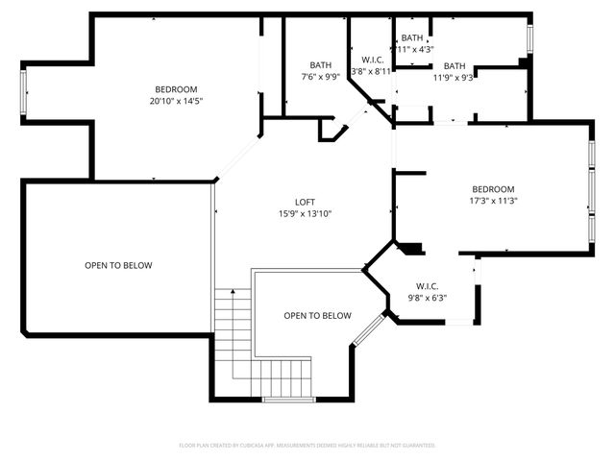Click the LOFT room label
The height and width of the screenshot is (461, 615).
click(x=305, y=202)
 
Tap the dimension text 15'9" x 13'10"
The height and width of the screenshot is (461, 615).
click(x=305, y=213)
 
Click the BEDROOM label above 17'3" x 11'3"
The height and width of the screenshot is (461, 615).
click(x=492, y=189)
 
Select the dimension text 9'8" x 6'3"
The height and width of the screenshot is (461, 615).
click(x=427, y=298)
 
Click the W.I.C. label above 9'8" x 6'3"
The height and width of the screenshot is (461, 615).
click(x=427, y=286)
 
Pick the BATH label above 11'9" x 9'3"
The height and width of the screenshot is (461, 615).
click(x=454, y=65)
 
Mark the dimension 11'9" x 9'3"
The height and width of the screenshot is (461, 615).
click(x=454, y=77)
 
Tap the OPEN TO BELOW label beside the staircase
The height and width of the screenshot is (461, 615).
click(x=317, y=316)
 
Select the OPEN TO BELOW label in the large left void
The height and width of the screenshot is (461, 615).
click(x=118, y=265)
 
